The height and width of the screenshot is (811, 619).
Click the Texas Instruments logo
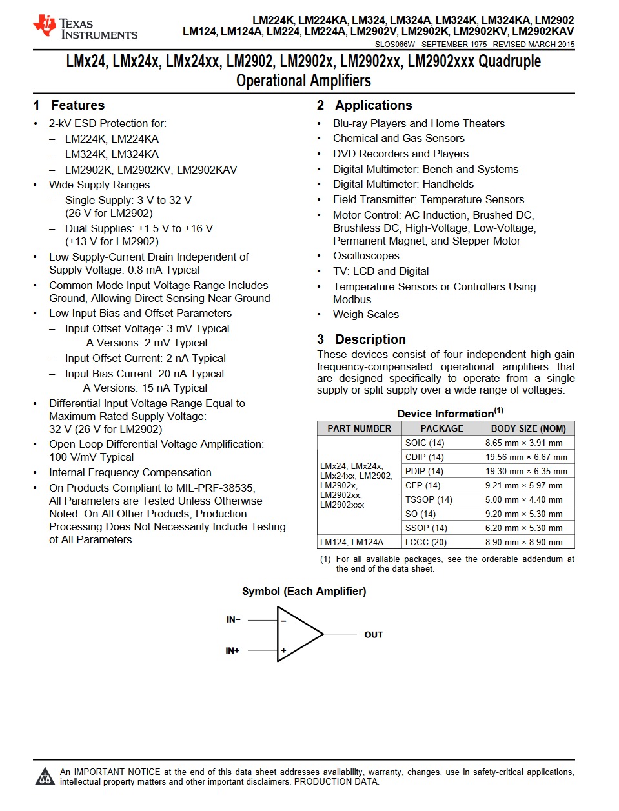tap(85, 27)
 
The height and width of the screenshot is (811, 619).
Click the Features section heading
tap(77, 105)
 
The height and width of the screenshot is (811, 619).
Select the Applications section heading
tap(373, 105)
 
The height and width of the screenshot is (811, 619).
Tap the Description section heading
tap(370, 339)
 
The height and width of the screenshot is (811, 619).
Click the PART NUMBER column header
tap(359, 428)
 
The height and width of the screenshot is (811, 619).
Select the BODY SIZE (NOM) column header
tap(528, 428)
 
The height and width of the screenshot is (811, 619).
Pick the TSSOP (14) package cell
tap(429, 499)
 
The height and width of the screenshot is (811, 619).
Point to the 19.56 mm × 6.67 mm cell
tap(526, 457)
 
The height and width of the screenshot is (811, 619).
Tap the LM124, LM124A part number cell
tap(352, 542)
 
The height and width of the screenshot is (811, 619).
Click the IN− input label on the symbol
tap(233, 619)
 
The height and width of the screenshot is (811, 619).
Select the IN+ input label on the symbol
tap(232, 650)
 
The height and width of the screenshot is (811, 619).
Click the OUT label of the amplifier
tap(373, 635)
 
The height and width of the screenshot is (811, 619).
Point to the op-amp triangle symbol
tap(297, 634)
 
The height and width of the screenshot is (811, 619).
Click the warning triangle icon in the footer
tap(45, 777)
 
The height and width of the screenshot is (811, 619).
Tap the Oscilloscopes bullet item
tap(366, 256)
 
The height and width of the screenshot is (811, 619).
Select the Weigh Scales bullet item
tap(366, 314)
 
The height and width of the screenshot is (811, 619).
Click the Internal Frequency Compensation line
tap(130, 472)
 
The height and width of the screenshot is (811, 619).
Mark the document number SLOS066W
tap(395, 45)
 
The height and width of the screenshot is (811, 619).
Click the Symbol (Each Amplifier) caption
tap(304, 591)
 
